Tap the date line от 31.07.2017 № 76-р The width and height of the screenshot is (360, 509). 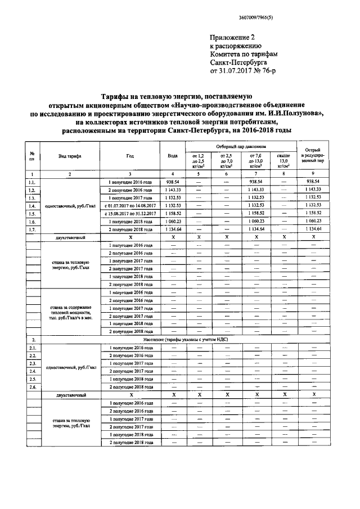(x=245, y=72)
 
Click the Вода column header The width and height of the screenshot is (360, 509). (x=172, y=156)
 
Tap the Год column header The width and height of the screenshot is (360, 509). (x=130, y=156)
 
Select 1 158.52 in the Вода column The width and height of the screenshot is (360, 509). (x=172, y=214)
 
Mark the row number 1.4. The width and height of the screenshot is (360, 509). (x=33, y=206)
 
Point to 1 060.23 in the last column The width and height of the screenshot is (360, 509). (x=312, y=222)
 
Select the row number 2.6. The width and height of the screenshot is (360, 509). (x=33, y=387)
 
